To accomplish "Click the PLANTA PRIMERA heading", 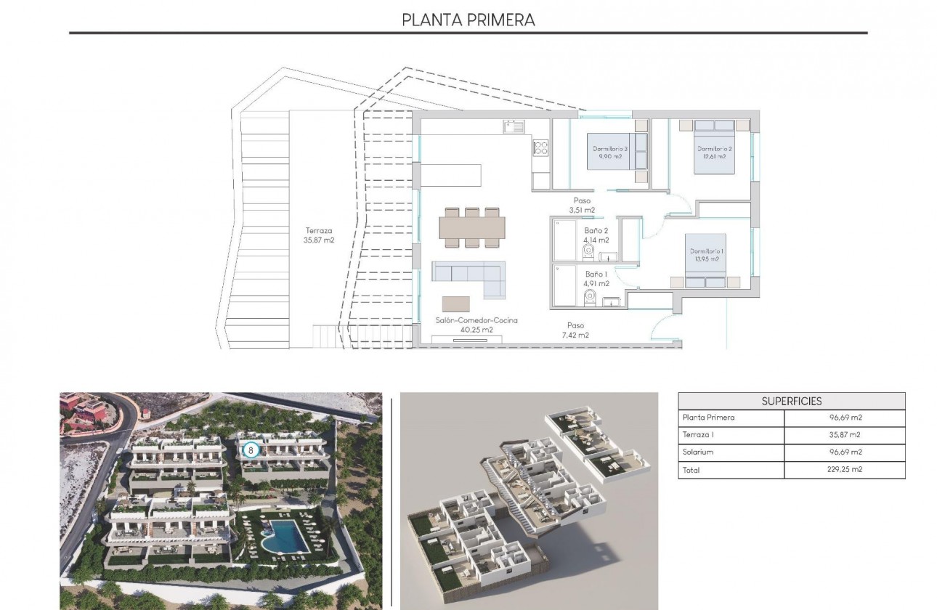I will (x=468, y=20).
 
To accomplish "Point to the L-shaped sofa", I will (x=468, y=277).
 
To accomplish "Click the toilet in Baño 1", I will (x=590, y=297).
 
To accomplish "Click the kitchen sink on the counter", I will (x=513, y=126).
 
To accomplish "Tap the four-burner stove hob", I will (x=540, y=149).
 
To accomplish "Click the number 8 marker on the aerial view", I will (x=251, y=450).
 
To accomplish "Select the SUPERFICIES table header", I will (x=792, y=401).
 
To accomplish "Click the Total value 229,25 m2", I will (x=845, y=469).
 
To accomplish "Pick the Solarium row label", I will (x=699, y=452).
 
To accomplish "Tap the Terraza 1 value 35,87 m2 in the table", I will (x=845, y=434).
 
